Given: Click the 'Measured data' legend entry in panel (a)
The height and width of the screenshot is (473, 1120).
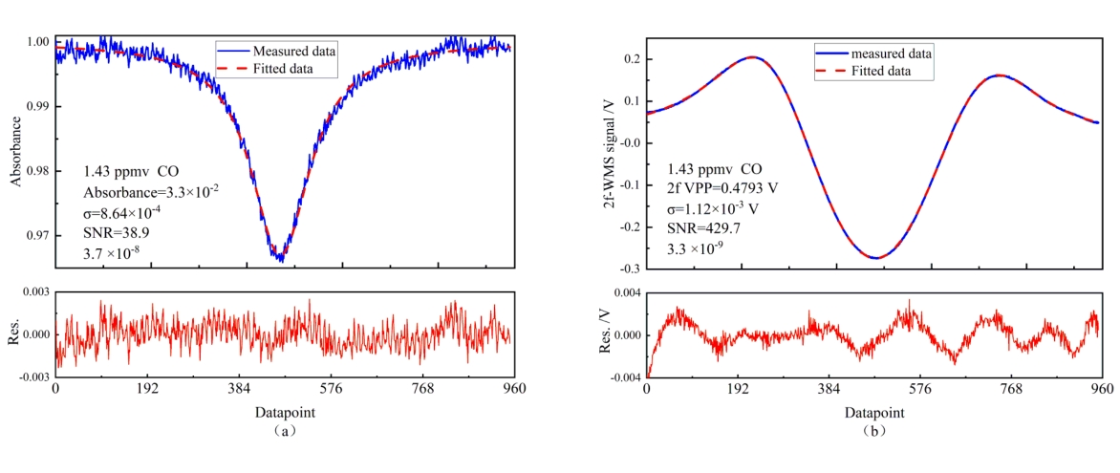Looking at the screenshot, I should pyautogui.click(x=294, y=50).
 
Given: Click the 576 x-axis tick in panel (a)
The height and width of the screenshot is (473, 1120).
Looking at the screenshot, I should pyautogui.click(x=332, y=390).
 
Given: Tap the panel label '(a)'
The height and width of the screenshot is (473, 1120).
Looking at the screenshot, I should pyautogui.click(x=285, y=431).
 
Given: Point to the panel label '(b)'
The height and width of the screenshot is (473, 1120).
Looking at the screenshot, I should pyautogui.click(x=873, y=431).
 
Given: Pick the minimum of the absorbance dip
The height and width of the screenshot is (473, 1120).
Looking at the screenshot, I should pyautogui.click(x=281, y=258).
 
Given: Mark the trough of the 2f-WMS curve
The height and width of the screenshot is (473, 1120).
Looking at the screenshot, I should pyautogui.click(x=875, y=258).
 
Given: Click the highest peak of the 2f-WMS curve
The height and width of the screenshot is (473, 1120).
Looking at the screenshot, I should pyautogui.click(x=752, y=57).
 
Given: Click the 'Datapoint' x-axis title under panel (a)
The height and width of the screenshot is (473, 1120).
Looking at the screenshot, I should pyautogui.click(x=285, y=413).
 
